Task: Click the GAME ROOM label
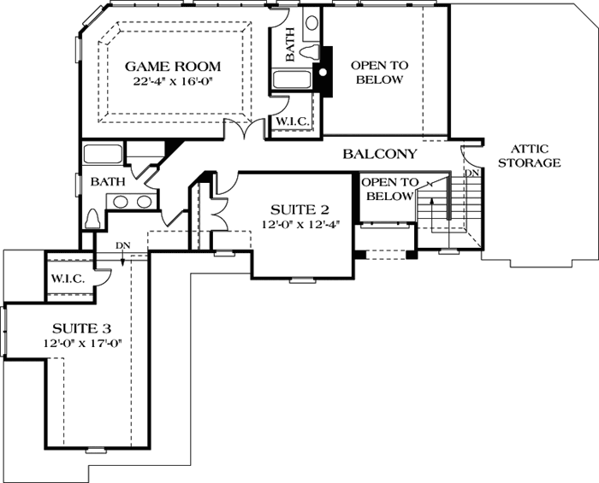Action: click(x=173, y=67)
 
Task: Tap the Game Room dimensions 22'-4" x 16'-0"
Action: click(x=173, y=82)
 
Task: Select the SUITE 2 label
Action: click(x=299, y=209)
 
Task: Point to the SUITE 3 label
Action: click(x=82, y=328)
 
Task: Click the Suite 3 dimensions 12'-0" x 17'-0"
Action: click(x=82, y=344)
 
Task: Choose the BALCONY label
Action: click(x=380, y=154)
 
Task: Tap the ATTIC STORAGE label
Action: click(x=530, y=156)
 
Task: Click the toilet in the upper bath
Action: click(x=311, y=51)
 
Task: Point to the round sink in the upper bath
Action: click(x=312, y=23)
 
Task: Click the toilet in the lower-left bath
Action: click(x=92, y=219)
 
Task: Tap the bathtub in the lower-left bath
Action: click(x=103, y=153)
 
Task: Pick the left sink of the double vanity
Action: click(x=120, y=202)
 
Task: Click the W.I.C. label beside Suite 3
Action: click(x=68, y=279)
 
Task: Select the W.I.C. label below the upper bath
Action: click(x=293, y=121)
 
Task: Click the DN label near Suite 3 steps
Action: click(x=123, y=245)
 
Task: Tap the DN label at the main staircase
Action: click(x=472, y=173)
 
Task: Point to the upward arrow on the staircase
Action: click(x=431, y=215)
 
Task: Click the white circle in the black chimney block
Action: click(x=323, y=72)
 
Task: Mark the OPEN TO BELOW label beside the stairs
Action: click(x=389, y=189)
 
